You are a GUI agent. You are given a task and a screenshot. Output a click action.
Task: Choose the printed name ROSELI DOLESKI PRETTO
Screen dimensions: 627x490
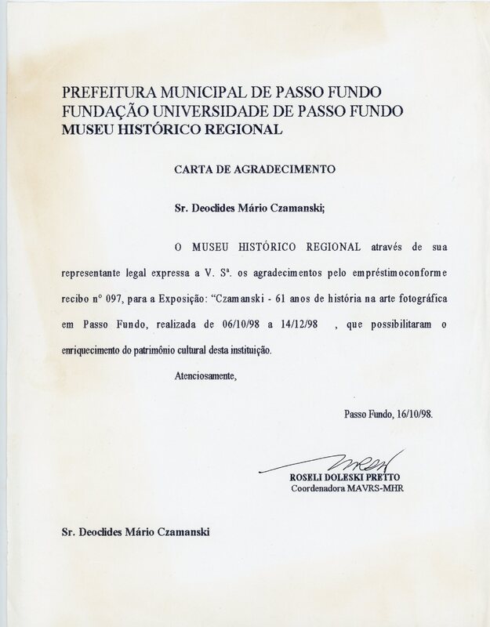[343, 477]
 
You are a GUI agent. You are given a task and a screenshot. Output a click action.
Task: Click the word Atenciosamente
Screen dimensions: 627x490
[205, 376]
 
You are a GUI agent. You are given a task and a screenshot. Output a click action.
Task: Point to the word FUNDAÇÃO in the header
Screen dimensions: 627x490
[102, 111]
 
